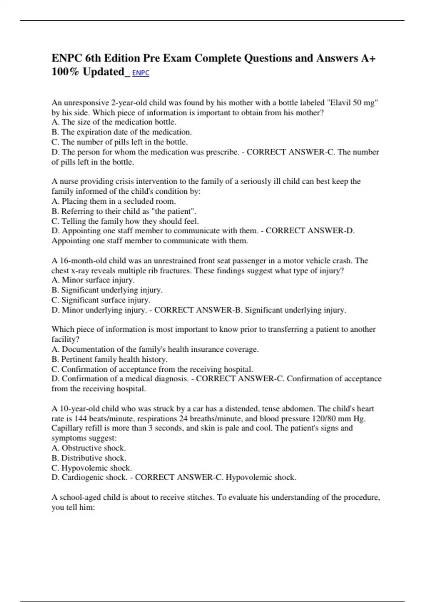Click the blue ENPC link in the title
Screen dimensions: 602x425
click(x=141, y=73)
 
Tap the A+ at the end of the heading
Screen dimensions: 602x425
click(x=368, y=58)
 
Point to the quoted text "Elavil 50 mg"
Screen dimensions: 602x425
click(x=352, y=103)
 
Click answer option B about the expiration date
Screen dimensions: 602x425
click(x=121, y=132)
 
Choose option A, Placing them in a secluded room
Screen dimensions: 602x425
click(x=114, y=201)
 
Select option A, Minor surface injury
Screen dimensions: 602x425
click(x=93, y=280)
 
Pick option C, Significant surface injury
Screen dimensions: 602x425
click(x=101, y=300)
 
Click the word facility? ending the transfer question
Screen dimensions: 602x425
click(x=66, y=339)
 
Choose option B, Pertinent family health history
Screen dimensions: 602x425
click(x=109, y=359)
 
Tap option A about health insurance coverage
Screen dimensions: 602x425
click(x=155, y=349)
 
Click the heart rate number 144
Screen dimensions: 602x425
click(x=80, y=419)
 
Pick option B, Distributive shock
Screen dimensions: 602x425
click(x=89, y=458)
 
